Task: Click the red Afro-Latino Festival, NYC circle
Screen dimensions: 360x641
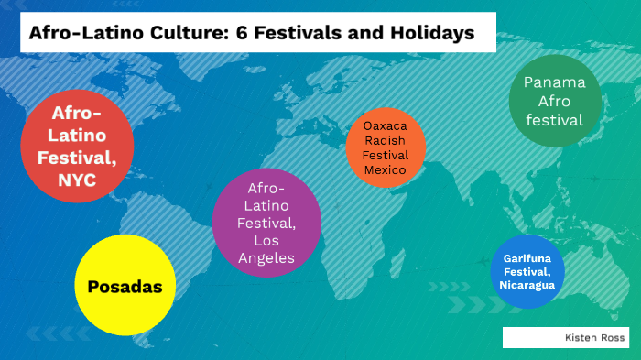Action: (77, 147)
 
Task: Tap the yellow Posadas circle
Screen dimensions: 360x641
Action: (125, 287)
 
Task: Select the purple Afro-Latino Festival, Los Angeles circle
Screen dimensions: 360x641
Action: (266, 223)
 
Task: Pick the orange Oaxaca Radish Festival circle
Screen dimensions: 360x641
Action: (386, 147)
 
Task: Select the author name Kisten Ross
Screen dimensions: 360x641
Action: (595, 337)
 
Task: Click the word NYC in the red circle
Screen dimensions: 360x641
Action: (77, 180)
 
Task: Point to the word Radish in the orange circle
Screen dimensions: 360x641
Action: (386, 140)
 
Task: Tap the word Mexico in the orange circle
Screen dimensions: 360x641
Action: (386, 170)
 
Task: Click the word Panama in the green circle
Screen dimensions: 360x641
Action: (555, 82)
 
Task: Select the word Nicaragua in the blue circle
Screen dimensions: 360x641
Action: (527, 285)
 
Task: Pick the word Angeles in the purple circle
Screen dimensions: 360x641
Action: (266, 258)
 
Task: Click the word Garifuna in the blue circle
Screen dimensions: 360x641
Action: (527, 257)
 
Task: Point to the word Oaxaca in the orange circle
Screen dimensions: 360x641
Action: (386, 125)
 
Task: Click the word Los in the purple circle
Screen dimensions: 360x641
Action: (266, 241)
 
